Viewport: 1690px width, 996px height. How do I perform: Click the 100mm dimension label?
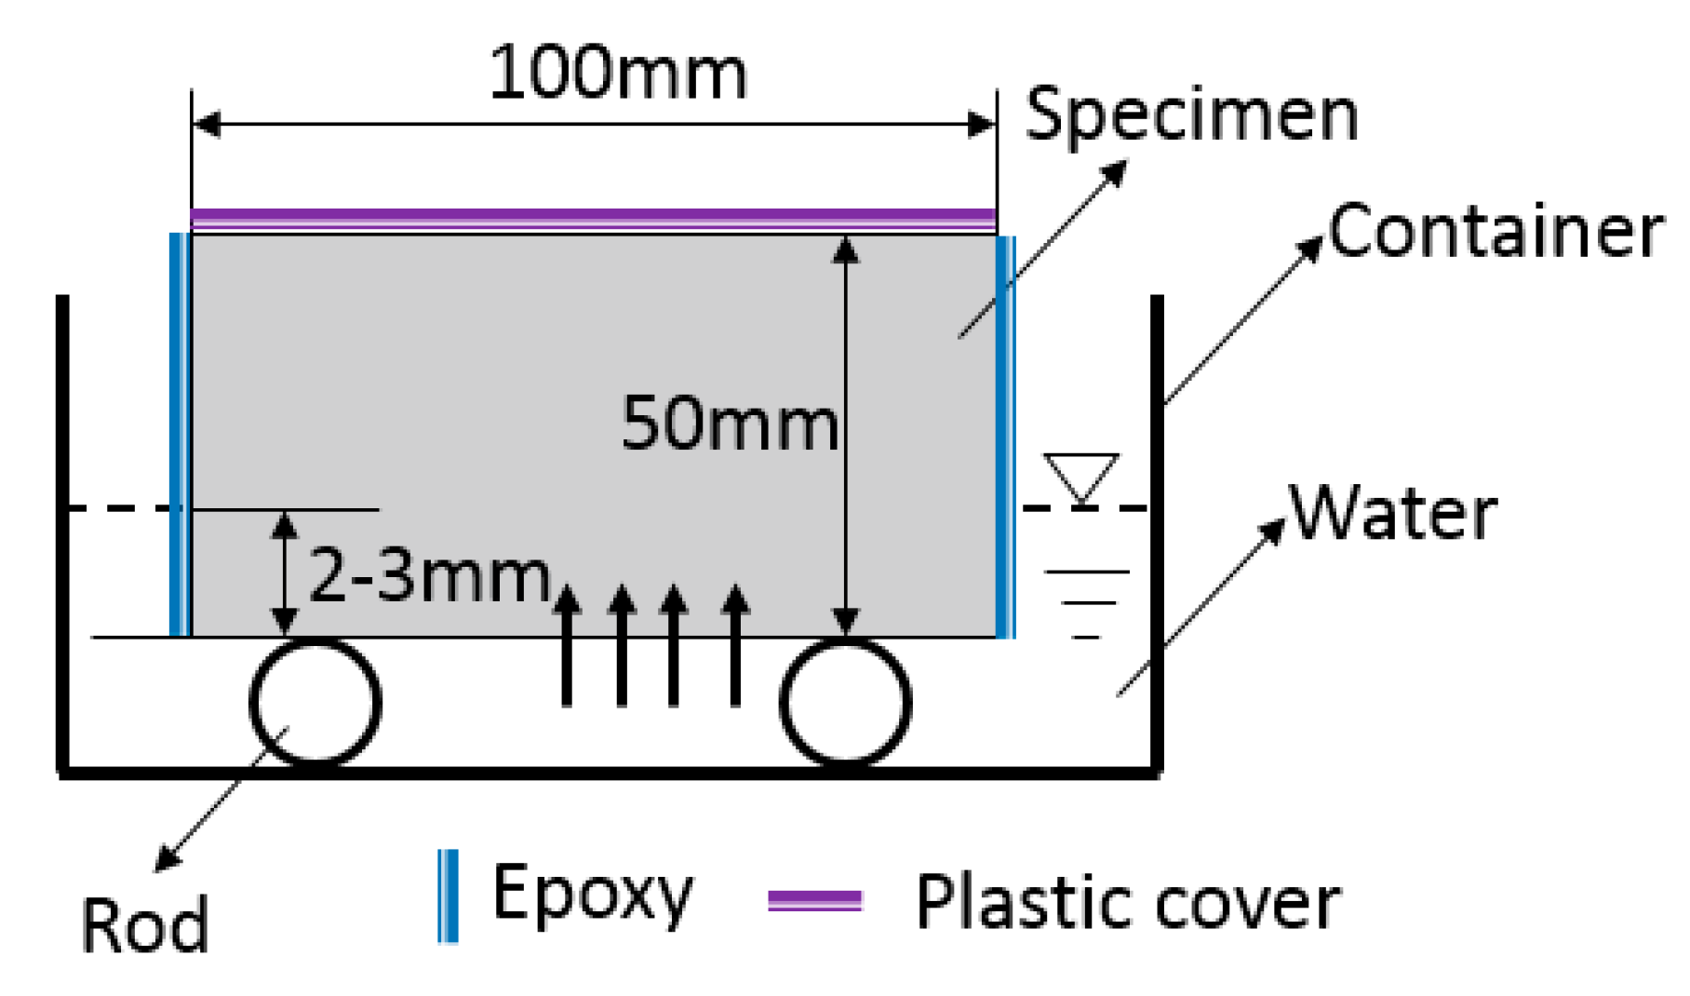617,73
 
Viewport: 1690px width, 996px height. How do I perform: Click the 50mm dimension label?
729,424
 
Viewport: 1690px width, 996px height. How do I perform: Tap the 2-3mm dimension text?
429,575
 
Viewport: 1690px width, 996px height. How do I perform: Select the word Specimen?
1191,114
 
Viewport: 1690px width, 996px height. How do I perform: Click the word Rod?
144,925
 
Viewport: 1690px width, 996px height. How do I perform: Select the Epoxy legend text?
592,894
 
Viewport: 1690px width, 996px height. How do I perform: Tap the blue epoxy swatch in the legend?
448,895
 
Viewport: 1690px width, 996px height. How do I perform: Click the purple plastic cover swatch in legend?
814,900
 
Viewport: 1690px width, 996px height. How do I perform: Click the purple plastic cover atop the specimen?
594,220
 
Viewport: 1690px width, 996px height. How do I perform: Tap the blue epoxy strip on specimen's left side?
180,435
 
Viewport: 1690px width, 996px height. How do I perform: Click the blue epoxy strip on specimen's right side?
1006,435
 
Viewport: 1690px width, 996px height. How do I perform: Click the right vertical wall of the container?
1158,531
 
